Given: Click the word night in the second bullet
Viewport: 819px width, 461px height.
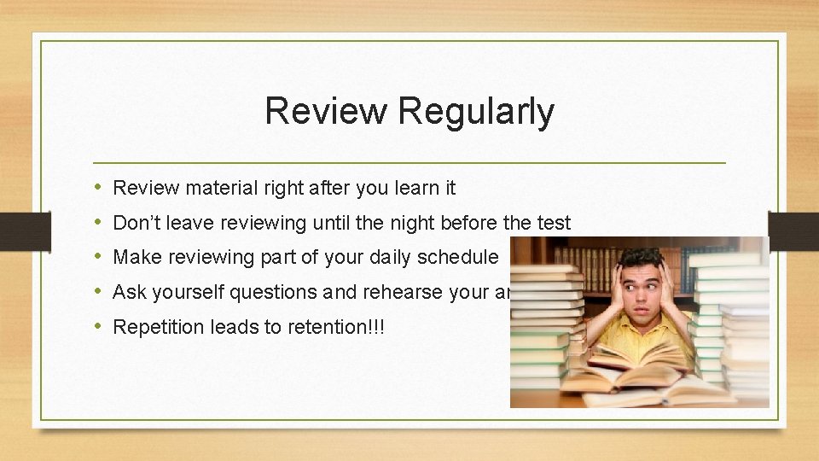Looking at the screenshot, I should [414, 223].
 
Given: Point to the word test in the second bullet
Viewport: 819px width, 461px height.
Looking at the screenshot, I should [553, 223].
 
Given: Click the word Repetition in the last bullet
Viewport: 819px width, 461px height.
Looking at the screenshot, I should [157, 327].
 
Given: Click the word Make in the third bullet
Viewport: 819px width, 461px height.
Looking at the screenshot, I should [133, 257].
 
